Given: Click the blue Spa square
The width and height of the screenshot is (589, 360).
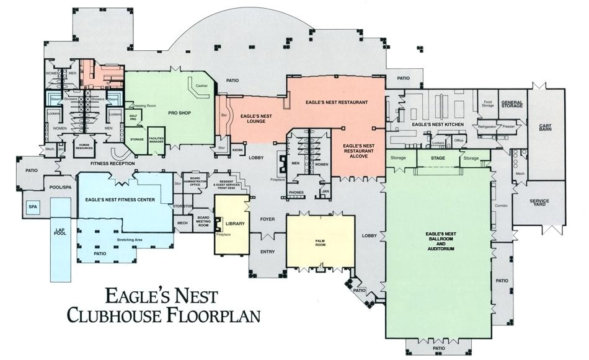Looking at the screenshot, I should coord(33,206).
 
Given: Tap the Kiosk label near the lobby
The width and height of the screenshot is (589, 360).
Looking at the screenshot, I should coord(237,149).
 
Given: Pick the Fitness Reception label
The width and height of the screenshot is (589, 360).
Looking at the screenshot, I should coord(112,164).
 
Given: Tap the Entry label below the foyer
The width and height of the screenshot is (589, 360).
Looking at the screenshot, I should coord(268,252).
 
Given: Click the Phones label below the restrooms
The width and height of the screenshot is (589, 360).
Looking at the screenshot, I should coord(296,193).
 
